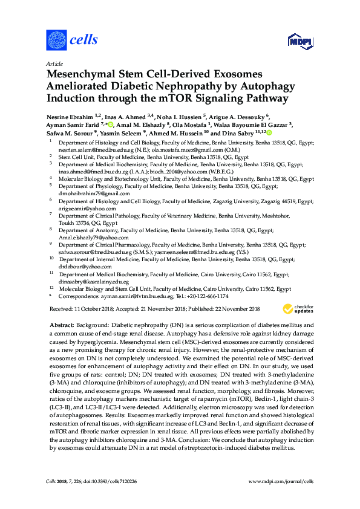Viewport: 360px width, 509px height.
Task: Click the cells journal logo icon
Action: pyautogui.click(x=56, y=41)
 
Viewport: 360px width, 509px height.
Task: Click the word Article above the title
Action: pyautogui.click(x=54, y=63)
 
